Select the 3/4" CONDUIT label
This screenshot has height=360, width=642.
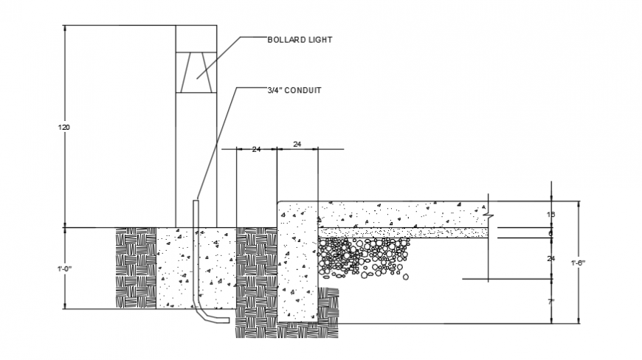[294, 91]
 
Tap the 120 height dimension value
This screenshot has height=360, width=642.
[64, 128]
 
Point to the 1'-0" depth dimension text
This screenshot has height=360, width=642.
[64, 269]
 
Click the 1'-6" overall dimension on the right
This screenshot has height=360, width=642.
[579, 263]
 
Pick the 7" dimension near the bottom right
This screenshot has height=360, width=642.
[551, 303]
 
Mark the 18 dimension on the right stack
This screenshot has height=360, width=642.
[550, 215]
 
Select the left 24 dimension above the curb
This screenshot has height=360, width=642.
[256, 150]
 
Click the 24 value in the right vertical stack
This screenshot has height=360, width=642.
[550, 258]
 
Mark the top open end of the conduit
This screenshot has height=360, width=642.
[196, 200]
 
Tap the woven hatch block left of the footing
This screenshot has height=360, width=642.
[136, 268]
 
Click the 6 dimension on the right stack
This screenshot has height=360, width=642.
[550, 233]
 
